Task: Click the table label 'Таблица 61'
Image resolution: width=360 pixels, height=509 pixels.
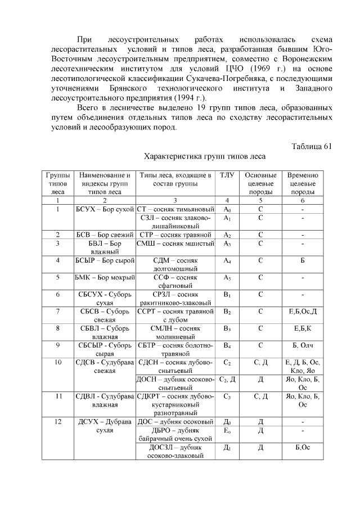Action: coord(312,146)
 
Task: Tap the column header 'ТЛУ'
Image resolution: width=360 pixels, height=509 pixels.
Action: coord(227,175)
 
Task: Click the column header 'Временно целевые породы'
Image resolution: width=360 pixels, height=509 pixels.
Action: coord(303,183)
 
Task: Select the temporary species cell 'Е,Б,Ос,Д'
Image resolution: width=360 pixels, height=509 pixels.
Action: coord(303,311)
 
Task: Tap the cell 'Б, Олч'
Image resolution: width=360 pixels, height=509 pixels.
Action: coord(303,345)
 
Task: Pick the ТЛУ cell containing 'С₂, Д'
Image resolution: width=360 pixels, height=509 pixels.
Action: coord(227,380)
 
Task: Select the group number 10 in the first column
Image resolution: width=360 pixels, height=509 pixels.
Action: coord(58,363)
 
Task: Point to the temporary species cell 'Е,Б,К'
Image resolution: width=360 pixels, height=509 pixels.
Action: coord(303,328)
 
